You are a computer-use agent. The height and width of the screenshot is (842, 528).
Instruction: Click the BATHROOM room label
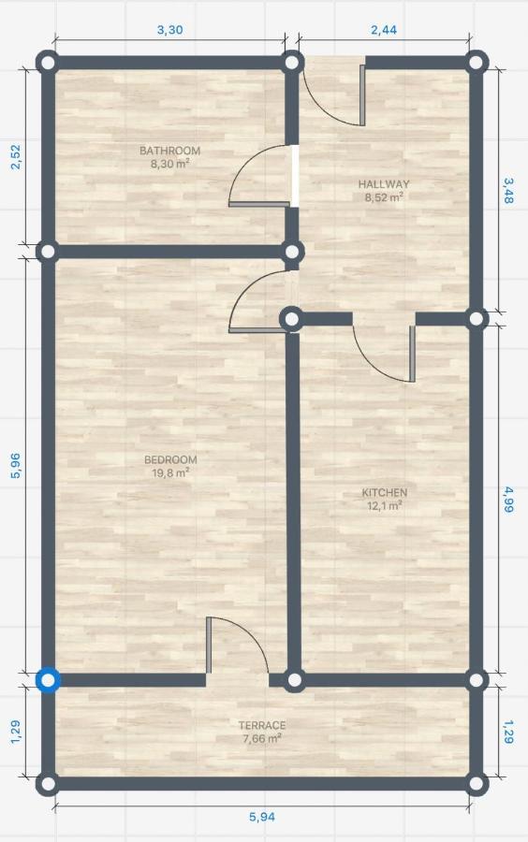(169, 151)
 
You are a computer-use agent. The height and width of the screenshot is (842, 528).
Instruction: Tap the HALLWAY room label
(384, 184)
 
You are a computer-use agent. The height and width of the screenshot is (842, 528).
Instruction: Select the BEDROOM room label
(170, 459)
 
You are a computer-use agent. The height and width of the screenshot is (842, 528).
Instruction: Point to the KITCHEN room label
(384, 492)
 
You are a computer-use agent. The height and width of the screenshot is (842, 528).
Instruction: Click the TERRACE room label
(262, 725)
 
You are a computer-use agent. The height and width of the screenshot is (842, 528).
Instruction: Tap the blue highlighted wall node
(49, 680)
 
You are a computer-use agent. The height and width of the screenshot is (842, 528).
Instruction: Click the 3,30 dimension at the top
(169, 30)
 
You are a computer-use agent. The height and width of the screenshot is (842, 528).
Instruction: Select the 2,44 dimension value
(384, 30)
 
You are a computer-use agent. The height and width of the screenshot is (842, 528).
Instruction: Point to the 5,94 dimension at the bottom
(262, 817)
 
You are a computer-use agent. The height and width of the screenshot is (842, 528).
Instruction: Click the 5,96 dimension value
(15, 466)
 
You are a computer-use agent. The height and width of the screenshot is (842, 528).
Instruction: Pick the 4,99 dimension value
(507, 500)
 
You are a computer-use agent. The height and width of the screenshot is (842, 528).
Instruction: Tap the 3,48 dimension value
(507, 191)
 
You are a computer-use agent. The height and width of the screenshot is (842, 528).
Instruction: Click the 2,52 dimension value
(15, 156)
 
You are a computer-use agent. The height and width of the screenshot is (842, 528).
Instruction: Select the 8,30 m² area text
(169, 164)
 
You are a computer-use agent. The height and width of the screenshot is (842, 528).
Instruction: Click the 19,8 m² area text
(170, 472)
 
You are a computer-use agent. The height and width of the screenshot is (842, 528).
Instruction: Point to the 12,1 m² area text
(384, 505)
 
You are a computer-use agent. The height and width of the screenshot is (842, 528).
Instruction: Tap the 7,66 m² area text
(262, 738)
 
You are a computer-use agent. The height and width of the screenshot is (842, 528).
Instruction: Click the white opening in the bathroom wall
(294, 176)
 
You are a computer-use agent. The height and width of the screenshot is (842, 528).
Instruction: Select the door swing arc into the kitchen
(376, 365)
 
